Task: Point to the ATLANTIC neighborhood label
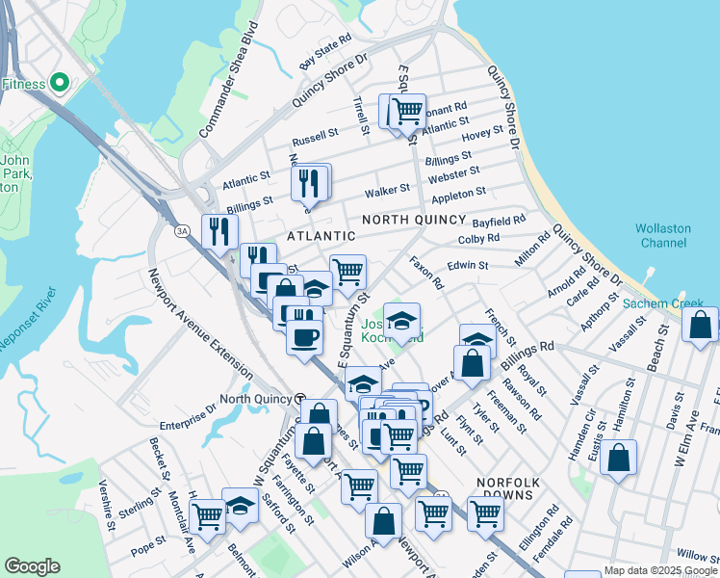point(321,235)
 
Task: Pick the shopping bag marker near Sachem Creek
point(700,325)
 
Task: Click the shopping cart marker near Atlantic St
point(408,111)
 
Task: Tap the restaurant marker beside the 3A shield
point(219,230)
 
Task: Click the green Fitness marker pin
point(59,84)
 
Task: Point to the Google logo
point(32,566)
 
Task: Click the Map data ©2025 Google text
point(658,570)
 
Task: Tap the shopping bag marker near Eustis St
point(619,459)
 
